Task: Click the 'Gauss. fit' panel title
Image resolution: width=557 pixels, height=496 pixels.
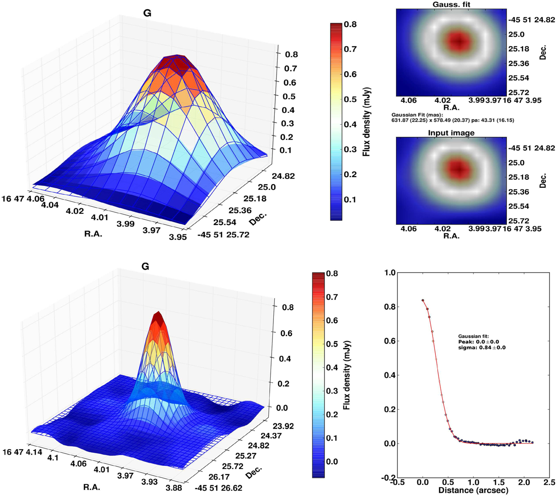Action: (450, 4)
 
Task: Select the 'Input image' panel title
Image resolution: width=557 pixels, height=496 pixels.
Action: (451, 133)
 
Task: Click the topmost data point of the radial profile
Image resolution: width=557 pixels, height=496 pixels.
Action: (423, 300)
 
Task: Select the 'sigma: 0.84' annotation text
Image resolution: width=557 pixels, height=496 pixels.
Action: (481, 347)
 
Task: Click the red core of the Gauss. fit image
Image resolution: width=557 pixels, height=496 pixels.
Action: (459, 41)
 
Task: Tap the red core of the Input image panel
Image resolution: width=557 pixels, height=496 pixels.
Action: (459, 169)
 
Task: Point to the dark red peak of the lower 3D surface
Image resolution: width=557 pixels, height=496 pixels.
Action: (158, 318)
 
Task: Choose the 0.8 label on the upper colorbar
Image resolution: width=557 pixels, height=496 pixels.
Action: (350, 24)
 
